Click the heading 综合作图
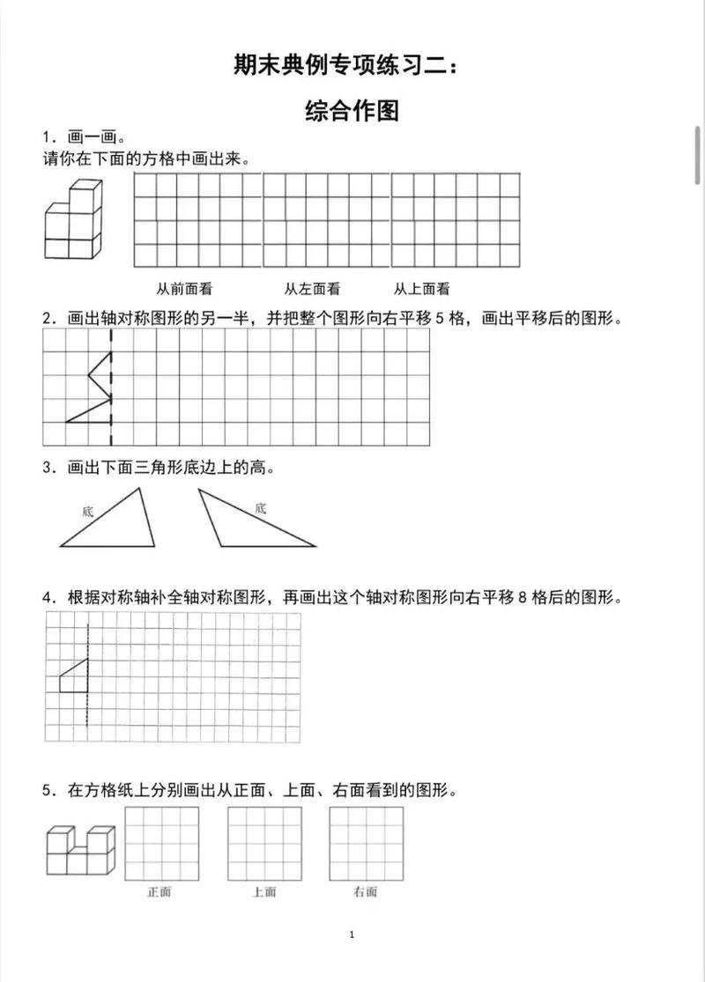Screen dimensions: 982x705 tap(352, 111)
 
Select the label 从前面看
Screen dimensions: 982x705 tap(184, 288)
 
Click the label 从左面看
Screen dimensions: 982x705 tap(312, 288)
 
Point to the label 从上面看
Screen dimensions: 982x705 tap(421, 288)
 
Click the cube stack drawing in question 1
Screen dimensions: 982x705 tap(73, 221)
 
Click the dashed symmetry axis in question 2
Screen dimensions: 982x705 tap(111, 388)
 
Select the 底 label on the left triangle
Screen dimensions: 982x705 tap(87, 510)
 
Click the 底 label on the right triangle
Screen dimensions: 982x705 tap(260, 507)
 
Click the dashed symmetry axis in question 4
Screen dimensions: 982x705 tap(88, 678)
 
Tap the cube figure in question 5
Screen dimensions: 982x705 tap(81, 850)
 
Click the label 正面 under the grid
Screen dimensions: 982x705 tap(160, 892)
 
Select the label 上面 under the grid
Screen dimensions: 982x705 tap(263, 892)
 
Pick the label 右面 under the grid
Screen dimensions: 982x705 tap(365, 892)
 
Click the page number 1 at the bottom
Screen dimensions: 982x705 tap(352, 934)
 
